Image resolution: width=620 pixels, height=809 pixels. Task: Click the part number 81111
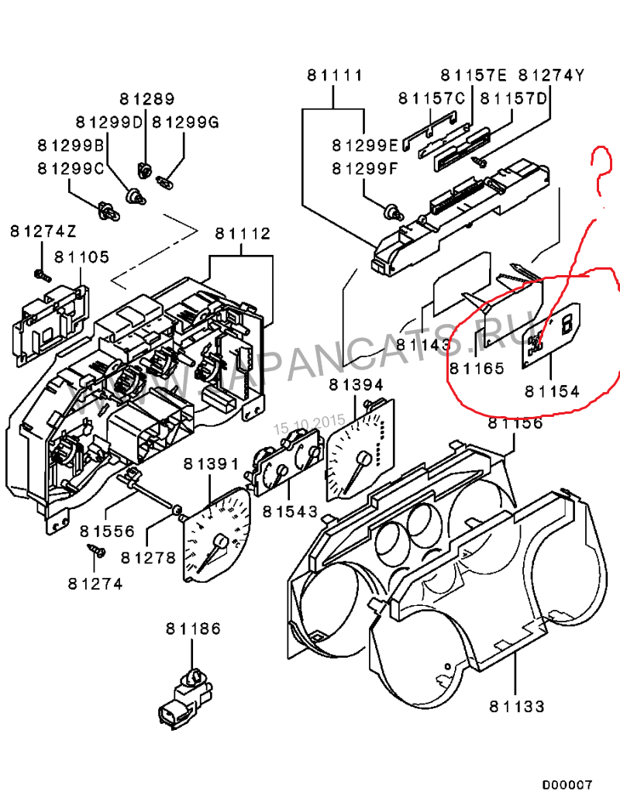point(334,76)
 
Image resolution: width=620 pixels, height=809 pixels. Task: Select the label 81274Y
point(551,75)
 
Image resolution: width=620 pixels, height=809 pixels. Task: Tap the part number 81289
point(146,99)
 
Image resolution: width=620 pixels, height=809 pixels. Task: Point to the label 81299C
point(71,168)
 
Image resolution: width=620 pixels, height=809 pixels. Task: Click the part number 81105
point(81,257)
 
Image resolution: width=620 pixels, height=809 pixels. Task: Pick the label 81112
point(243,233)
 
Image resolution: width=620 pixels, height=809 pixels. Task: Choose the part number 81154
point(551,391)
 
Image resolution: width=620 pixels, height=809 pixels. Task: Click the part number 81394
point(356,384)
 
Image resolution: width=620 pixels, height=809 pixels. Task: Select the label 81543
point(290,511)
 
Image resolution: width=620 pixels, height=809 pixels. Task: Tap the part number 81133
point(517,706)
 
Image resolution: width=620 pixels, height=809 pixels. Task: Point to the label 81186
point(193,628)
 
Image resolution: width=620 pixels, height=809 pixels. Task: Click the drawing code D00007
point(567,784)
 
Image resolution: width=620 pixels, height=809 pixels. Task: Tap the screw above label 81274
point(96,551)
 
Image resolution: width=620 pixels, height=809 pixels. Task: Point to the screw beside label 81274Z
point(41,274)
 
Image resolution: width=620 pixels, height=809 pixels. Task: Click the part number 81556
point(108,532)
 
